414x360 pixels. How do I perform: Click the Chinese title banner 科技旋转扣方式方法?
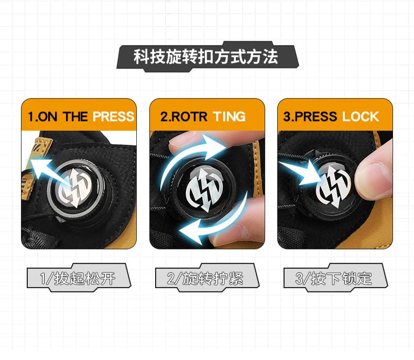pyautogui.click(x=206, y=57)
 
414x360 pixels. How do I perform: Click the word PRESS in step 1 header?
pyautogui.click(x=114, y=116)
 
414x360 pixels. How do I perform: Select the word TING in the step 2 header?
pyautogui.click(x=230, y=116)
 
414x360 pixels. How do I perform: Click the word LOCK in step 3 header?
pyautogui.click(x=361, y=116)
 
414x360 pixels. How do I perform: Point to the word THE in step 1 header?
pyautogui.click(x=75, y=116)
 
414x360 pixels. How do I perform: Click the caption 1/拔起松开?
pyautogui.click(x=78, y=278)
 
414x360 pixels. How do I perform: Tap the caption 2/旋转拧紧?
pyautogui.click(x=205, y=278)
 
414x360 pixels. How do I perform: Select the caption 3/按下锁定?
pyautogui.click(x=334, y=278)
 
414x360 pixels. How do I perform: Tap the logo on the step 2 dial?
pyautogui.click(x=204, y=189)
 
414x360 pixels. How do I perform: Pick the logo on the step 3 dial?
pyautogui.click(x=334, y=187)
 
